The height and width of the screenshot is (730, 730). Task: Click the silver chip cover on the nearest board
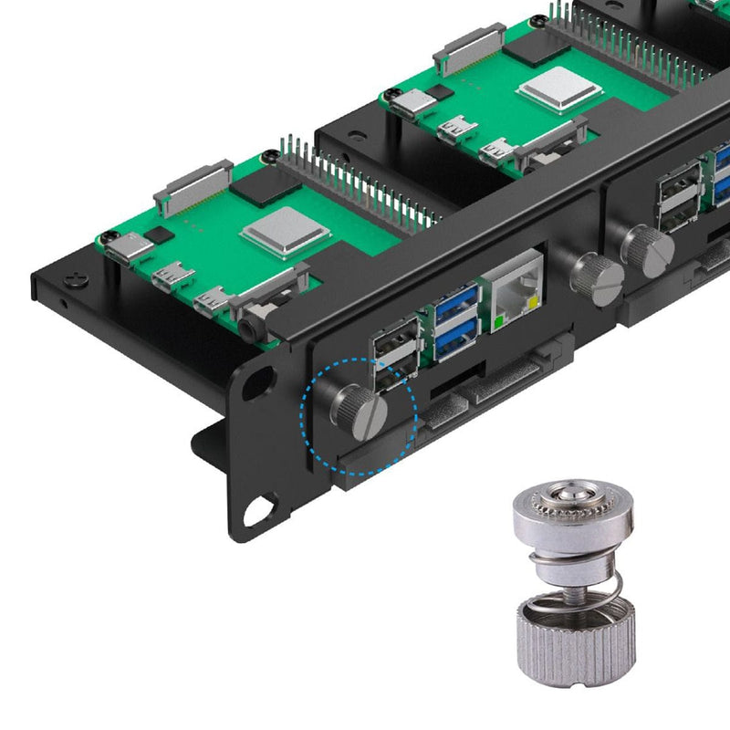click(x=272, y=228)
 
